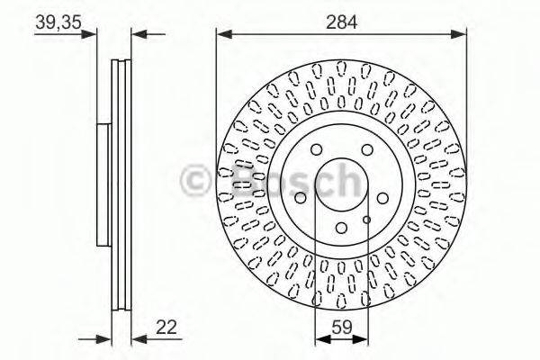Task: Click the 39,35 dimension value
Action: pyautogui.click(x=55, y=23)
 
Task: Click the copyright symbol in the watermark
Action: pyautogui.click(x=198, y=180)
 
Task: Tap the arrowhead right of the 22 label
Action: pyautogui.click(x=138, y=340)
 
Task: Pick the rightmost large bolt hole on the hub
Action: pyautogui.click(x=382, y=198)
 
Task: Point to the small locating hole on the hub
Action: pyautogui.click(x=366, y=218)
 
